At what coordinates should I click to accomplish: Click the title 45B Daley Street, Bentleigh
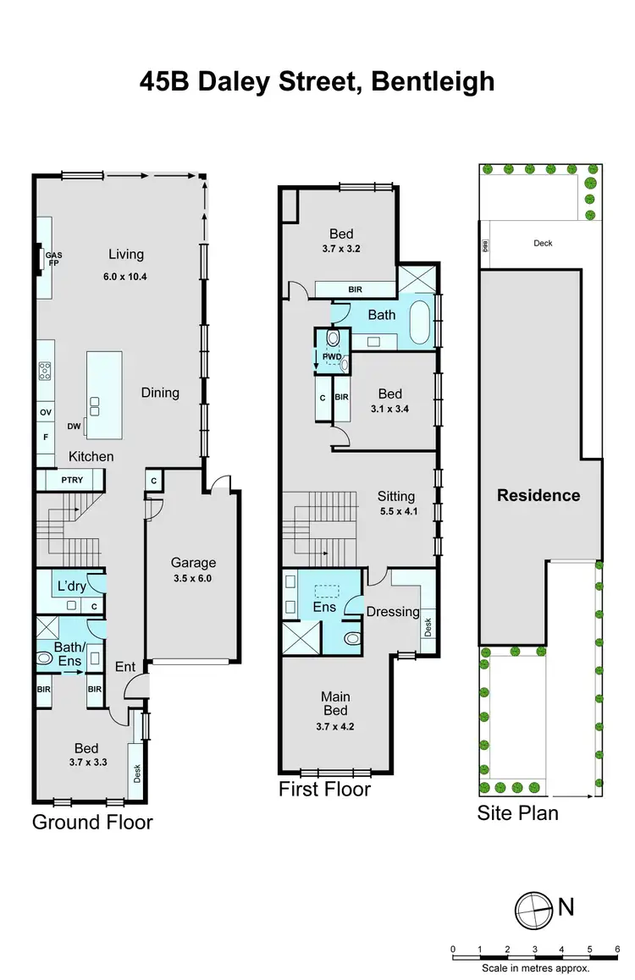317,82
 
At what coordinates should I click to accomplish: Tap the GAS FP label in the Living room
53,259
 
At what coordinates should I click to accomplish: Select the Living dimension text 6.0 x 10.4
125,276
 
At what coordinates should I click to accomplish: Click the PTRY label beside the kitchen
72,481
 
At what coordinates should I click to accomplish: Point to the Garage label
193,562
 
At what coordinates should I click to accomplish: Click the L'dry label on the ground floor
72,586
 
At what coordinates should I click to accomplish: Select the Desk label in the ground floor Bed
135,772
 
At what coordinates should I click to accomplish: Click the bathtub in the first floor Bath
419,323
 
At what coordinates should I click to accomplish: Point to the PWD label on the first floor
331,357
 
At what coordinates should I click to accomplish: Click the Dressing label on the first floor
392,611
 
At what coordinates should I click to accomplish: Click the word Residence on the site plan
538,495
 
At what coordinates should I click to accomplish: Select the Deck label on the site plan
543,243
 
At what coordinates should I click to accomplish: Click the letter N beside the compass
566,907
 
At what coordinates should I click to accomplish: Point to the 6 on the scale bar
619,925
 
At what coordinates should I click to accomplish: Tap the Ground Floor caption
92,821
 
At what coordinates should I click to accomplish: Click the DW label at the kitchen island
75,427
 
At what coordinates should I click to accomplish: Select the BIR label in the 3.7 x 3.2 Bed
355,289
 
